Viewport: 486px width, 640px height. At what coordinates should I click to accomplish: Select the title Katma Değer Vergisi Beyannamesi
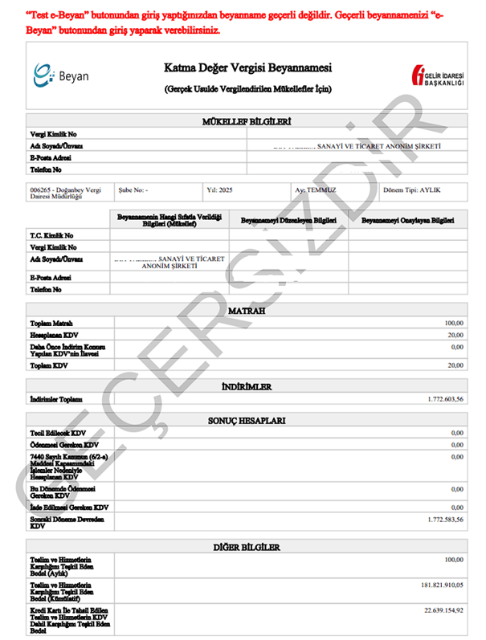coord(247,67)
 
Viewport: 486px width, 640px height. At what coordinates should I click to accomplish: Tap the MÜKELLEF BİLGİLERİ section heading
coord(247,121)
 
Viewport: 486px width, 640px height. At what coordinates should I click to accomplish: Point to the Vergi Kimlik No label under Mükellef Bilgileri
coord(51,134)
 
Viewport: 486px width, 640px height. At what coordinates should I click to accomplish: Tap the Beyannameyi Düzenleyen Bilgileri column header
coord(288,219)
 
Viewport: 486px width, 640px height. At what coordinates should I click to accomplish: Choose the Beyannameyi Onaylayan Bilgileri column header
coord(408,219)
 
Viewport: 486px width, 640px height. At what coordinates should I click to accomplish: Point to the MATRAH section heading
coord(247,310)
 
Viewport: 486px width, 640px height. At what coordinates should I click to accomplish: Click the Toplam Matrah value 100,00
coord(453,323)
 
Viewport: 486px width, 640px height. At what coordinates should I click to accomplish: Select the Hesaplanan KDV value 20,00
coord(455,335)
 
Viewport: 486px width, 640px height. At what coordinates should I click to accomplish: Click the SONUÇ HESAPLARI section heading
coord(247,421)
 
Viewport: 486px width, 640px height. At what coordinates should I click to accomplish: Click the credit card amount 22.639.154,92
coord(440,611)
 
